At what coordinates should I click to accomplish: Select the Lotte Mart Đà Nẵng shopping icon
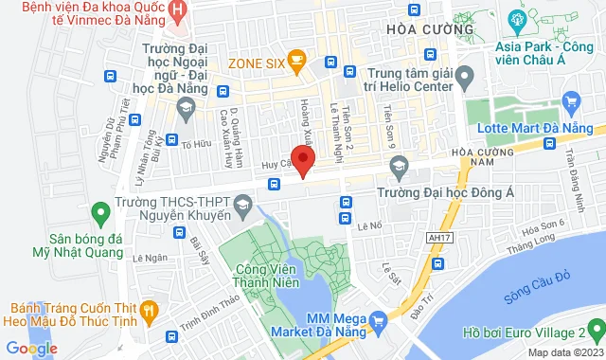pyautogui.click(x=570, y=100)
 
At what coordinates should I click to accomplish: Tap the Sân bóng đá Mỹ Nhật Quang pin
pyautogui.click(x=97, y=213)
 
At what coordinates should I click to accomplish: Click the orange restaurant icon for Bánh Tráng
pyautogui.click(x=149, y=311)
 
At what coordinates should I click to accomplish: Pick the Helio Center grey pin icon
pyautogui.click(x=463, y=75)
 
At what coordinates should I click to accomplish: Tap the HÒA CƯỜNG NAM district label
pyautogui.click(x=483, y=157)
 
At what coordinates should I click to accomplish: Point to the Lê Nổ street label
pyautogui.click(x=369, y=226)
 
